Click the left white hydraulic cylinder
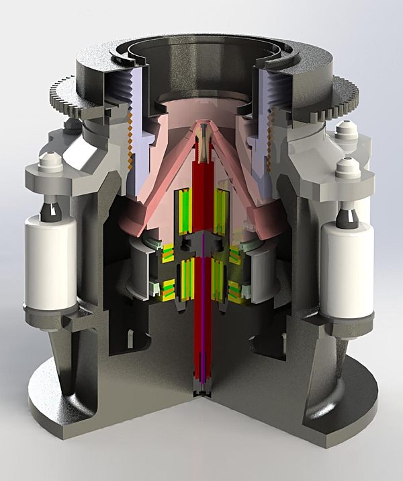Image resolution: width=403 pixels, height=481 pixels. tap(51, 263)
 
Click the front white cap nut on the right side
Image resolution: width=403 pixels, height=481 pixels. tap(347, 168)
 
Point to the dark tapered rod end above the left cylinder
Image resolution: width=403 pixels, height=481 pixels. tap(52, 209)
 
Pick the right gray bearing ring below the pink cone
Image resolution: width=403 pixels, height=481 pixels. tap(261, 269)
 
